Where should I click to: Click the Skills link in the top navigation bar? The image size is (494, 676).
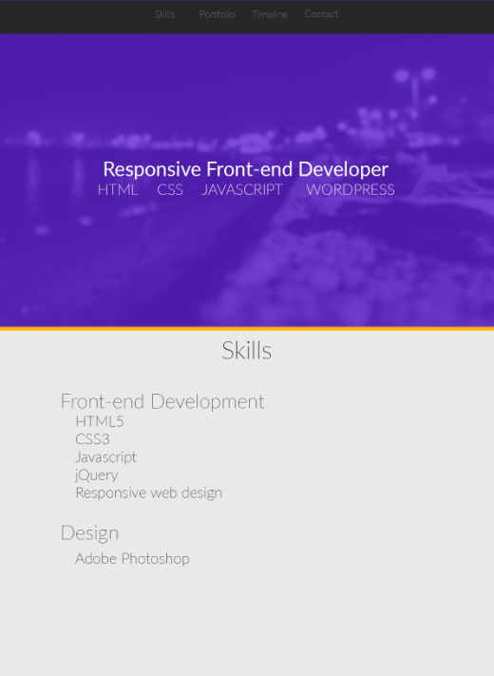[165, 14]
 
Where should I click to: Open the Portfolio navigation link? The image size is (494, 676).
[217, 14]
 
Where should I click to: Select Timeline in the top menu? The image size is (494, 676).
[270, 14]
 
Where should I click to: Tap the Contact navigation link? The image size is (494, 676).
[321, 14]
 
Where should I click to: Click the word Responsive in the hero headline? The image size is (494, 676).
[152, 169]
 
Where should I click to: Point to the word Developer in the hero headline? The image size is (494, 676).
[343, 169]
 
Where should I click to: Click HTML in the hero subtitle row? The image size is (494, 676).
[118, 190]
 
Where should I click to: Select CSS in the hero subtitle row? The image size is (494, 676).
[170, 190]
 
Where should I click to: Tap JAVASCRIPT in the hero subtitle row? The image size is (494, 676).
[242, 190]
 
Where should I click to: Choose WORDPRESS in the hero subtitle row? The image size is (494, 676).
[351, 190]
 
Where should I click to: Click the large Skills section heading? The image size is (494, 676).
[246, 351]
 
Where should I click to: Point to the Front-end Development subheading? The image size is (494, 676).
[162, 401]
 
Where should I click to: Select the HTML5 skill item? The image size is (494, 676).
[100, 421]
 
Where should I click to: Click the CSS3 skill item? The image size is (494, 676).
[92, 439]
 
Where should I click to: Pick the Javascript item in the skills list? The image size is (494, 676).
[106, 457]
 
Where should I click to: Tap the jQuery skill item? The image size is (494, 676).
[97, 475]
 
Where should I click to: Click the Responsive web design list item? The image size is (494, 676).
[149, 493]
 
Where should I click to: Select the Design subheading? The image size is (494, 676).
[89, 533]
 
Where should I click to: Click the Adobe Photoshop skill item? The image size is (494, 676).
[132, 559]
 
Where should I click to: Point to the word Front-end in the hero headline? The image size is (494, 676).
[249, 169]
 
